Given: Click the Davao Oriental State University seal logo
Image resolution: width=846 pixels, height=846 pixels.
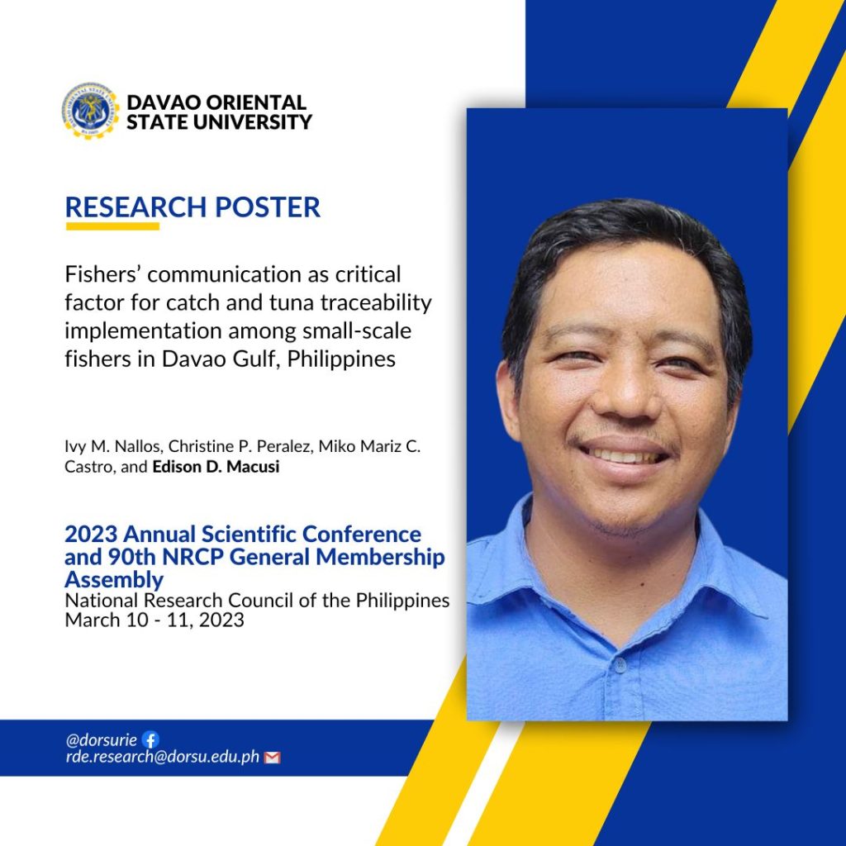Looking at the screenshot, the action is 90,112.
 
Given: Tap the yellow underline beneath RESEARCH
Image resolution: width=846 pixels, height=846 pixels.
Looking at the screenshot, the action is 112,226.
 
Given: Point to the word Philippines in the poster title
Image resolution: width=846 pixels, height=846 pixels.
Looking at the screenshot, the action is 341,359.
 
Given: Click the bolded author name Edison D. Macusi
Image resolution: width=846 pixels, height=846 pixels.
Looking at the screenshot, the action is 216,466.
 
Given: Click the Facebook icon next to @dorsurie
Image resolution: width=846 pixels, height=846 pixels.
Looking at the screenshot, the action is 150,739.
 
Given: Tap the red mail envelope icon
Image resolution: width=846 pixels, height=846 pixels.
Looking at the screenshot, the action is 273,758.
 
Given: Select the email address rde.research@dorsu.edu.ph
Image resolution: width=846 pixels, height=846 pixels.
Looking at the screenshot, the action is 163,757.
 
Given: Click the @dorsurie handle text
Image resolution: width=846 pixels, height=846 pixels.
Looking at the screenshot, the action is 102,739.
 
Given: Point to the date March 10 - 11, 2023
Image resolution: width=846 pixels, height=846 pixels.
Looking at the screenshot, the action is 154,620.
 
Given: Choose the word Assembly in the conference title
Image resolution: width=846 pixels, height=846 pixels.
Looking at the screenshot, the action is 114,580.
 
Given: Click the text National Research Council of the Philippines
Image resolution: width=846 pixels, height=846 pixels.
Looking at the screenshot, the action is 257,601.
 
